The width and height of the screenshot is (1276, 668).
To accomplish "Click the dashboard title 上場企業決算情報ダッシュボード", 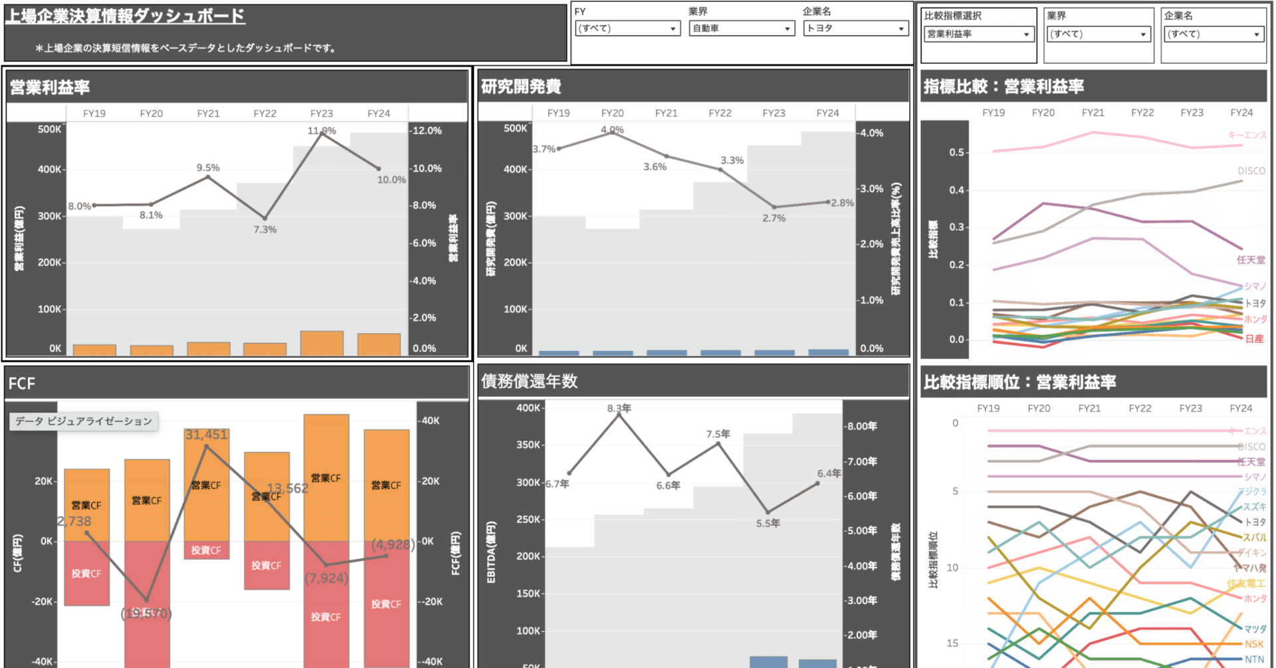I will (x=125, y=16).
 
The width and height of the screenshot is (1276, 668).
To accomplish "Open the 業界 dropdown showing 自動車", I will (x=741, y=29).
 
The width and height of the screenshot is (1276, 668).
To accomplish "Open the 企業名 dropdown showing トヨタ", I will (x=855, y=29).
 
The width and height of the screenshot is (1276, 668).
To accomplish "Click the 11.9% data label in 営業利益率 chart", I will (x=322, y=130).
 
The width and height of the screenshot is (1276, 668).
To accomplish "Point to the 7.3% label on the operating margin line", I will (x=265, y=229).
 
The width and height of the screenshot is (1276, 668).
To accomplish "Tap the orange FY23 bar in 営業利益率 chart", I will (x=322, y=342).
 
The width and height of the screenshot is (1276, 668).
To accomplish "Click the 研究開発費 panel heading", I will (x=521, y=86).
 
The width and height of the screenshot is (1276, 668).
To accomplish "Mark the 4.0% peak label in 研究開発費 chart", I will (x=612, y=130).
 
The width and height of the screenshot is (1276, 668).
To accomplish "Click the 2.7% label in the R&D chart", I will (x=774, y=218).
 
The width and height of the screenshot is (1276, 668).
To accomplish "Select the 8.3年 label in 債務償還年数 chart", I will (x=619, y=408).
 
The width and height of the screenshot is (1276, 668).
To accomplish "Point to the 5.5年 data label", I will (x=768, y=523).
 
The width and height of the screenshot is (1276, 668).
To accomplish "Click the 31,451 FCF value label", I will (x=206, y=435).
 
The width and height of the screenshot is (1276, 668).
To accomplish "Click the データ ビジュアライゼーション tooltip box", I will (x=84, y=421).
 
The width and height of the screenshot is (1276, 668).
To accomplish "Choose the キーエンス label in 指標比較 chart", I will (x=1247, y=135).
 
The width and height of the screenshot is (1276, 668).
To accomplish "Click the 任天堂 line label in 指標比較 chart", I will (x=1251, y=260).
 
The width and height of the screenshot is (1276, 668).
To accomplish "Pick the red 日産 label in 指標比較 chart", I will (x=1254, y=339).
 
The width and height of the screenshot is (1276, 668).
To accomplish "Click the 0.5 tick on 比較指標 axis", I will (x=956, y=152).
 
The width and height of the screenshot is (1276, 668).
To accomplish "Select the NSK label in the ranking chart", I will (x=1254, y=644).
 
